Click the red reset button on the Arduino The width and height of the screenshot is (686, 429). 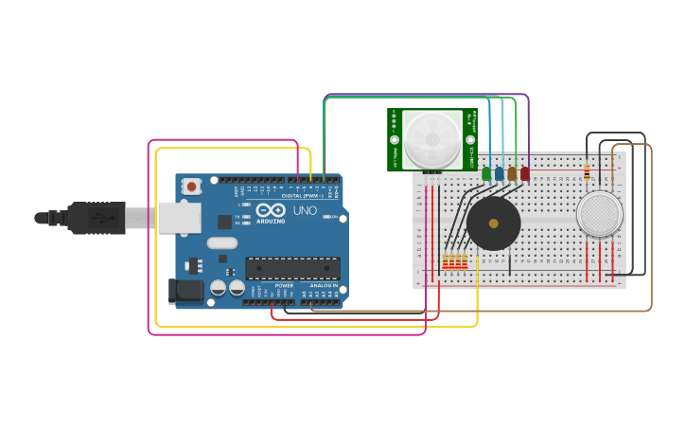pos(192,187)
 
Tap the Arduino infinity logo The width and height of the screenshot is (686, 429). pos(270,210)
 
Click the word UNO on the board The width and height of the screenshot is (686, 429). pos(305,210)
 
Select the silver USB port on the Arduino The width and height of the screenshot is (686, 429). pos(178,217)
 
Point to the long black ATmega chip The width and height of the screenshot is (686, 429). pos(292,268)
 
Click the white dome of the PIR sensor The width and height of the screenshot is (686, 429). pos(432,139)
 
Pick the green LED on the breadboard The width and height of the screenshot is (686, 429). pos(486,173)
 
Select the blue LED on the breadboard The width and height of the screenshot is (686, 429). pos(499,173)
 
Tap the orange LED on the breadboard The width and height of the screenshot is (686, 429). pos(512,173)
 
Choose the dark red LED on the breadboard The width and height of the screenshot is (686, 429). pos(525,173)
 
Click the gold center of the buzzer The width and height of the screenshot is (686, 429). pos(493,223)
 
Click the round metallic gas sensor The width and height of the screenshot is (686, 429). pos(600,214)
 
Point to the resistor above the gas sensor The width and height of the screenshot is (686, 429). pos(588,172)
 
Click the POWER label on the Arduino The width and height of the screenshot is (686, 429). pos(284,284)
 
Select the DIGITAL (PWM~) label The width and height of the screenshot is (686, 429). pos(300,196)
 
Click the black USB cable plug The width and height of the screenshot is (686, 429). pos(95,218)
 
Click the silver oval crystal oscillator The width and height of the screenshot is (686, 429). pos(221,242)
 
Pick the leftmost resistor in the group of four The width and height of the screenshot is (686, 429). pos(446,260)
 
